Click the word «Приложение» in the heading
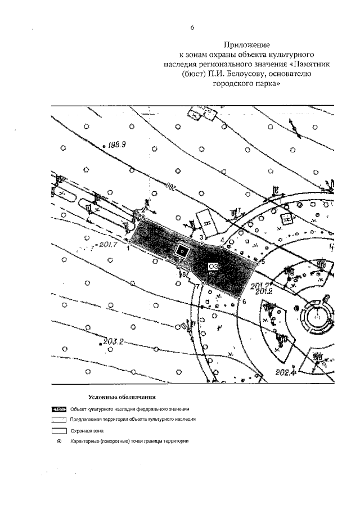pos(247,44)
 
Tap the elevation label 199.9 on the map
pos(118,144)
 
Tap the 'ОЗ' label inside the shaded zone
pos(213,266)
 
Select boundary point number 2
pos(143,217)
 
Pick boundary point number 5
pos(257,263)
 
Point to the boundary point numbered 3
pos(202,244)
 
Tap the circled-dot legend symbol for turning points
pos(59,441)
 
